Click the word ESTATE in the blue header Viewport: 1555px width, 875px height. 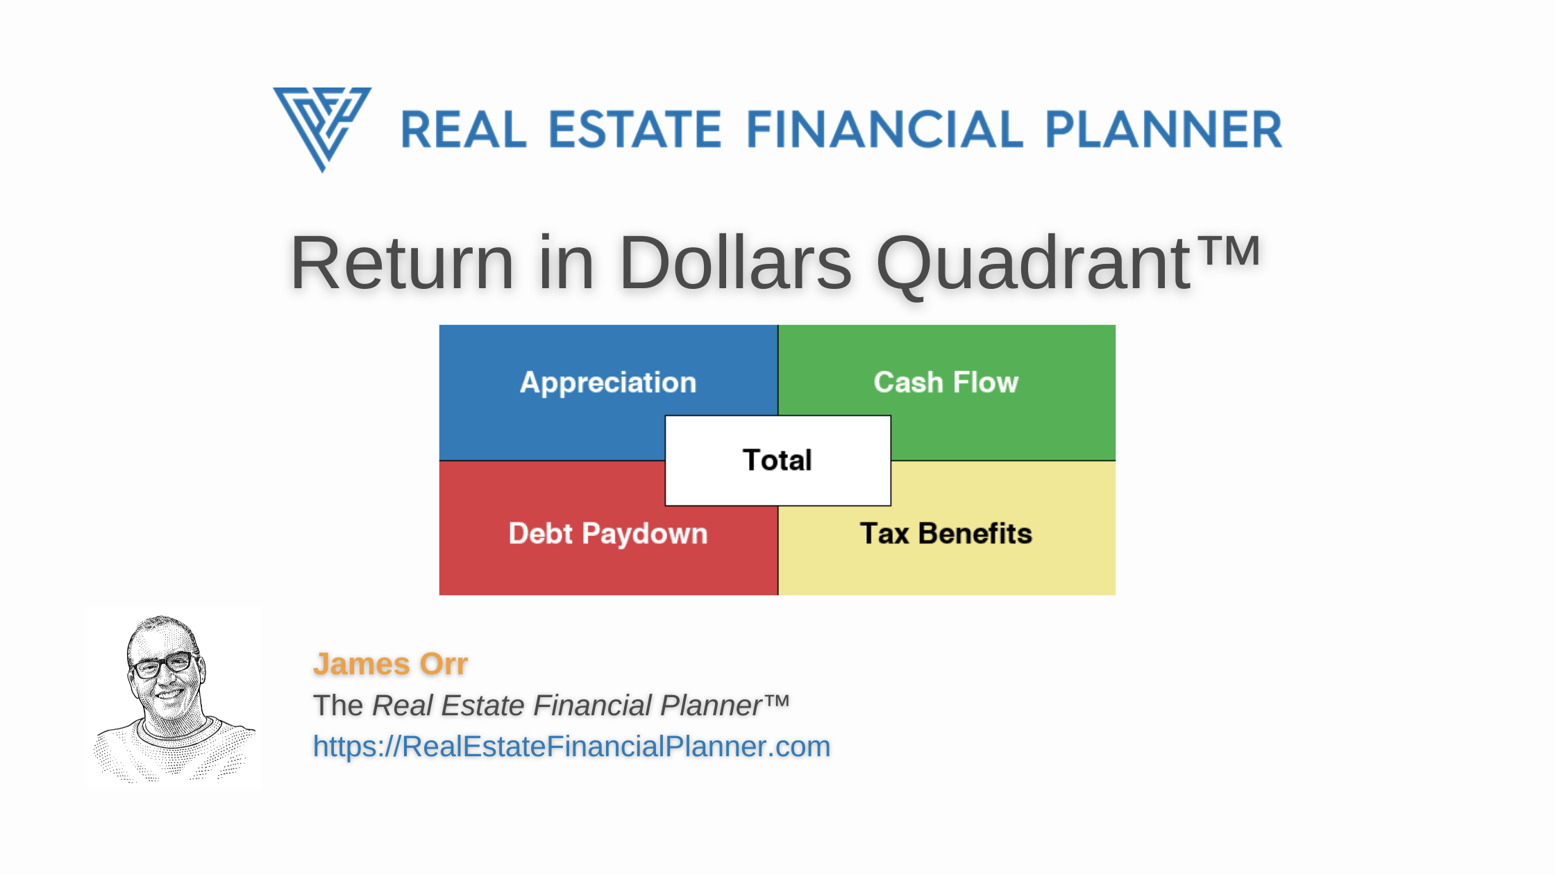[635, 130]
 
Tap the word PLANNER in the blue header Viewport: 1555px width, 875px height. [1163, 130]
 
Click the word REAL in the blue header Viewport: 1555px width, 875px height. [464, 130]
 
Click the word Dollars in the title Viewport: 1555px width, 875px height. [734, 263]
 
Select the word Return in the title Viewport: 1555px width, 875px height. [401, 263]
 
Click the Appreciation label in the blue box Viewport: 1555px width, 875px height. [608, 383]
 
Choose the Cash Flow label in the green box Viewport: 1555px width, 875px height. [945, 383]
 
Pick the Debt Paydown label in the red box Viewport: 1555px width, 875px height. [608, 534]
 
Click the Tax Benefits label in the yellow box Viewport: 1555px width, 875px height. [945, 534]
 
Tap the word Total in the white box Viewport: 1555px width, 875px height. [777, 460]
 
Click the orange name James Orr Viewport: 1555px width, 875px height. [390, 664]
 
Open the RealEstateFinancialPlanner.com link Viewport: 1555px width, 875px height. [571, 747]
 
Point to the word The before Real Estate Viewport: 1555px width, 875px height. [338, 706]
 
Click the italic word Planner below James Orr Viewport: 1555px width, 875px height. [712, 706]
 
